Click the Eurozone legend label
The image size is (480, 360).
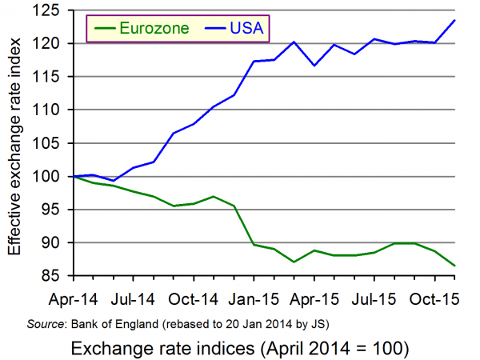tap(154, 29)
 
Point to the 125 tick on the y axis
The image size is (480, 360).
tap(53, 10)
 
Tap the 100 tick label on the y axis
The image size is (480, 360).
tap(53, 176)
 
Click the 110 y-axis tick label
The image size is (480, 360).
tap(53, 110)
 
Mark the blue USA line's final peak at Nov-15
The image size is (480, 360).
tap(454, 21)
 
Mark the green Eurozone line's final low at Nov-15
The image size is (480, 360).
tap(454, 266)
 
